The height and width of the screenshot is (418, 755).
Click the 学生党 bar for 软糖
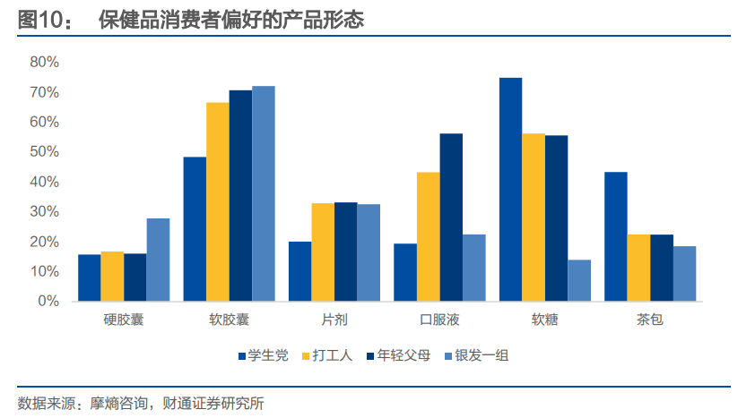click(510, 190)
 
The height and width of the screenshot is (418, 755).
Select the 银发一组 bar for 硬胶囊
click(158, 260)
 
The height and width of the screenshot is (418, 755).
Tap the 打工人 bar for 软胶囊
click(218, 202)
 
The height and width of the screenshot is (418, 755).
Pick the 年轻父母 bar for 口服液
click(451, 218)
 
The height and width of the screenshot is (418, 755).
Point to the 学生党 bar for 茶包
click(615, 236)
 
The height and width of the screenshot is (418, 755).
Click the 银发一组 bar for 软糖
click(579, 280)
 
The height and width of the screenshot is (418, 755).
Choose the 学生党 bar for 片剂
click(300, 271)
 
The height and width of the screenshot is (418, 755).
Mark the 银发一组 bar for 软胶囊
click(263, 193)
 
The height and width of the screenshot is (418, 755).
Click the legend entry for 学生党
click(263, 355)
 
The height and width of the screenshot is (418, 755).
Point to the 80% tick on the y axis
click(44, 62)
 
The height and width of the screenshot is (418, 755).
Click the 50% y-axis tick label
click(44, 152)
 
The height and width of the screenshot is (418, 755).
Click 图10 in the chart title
click(41, 20)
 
